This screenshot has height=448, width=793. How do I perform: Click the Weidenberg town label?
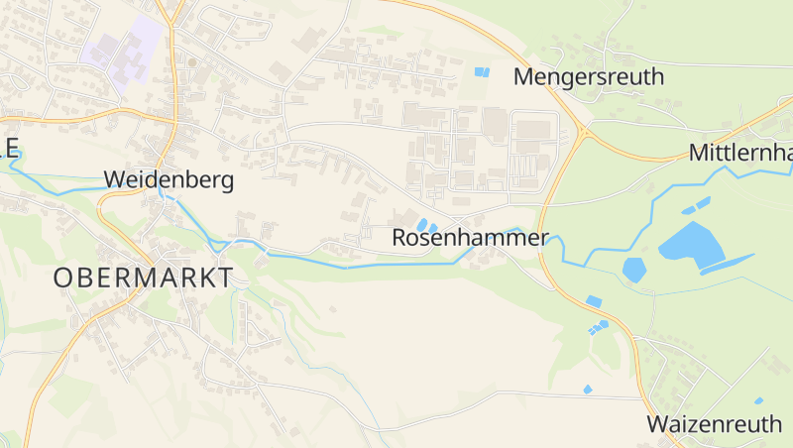tap(169, 180)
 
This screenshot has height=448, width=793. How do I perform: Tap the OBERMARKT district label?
tap(144, 278)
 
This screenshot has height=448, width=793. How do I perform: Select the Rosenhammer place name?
tap(470, 238)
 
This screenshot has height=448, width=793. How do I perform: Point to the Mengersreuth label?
tap(589, 77)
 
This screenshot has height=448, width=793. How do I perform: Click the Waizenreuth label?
tap(714, 424)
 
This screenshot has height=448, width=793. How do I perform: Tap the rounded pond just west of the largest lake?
tap(633, 269)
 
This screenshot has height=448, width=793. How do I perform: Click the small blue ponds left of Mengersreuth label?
tap(482, 71)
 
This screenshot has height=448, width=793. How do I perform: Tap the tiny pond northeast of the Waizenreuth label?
tap(758, 400)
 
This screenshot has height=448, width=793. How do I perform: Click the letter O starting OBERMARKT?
tap(63, 278)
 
